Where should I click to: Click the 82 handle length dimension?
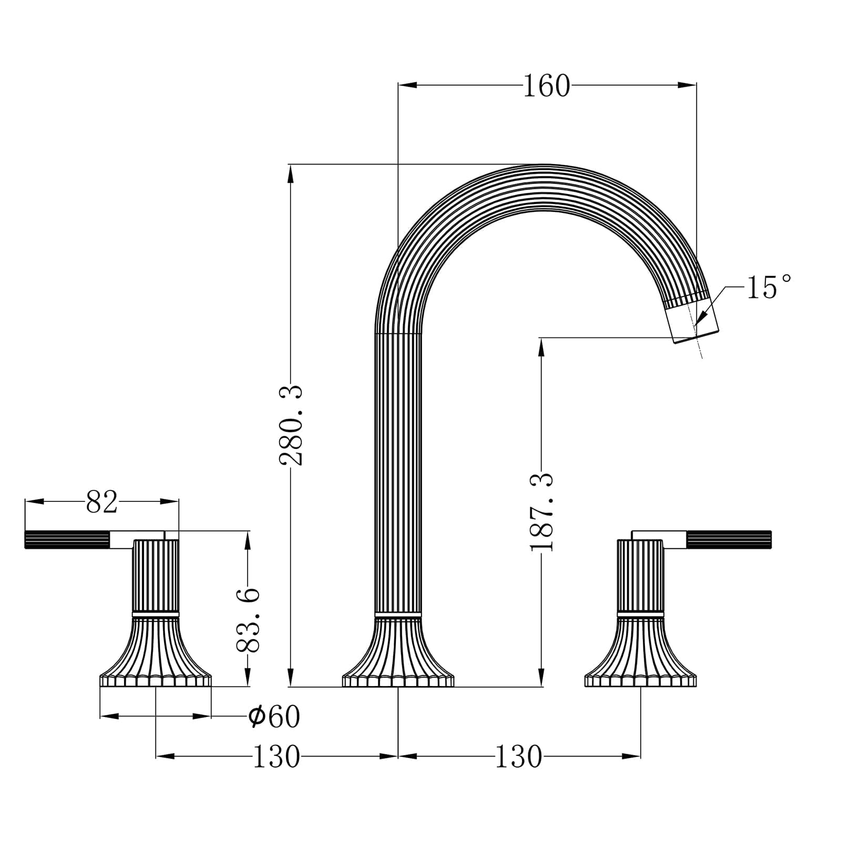(101, 502)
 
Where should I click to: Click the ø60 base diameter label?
(274, 716)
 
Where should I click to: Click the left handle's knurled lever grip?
(67, 540)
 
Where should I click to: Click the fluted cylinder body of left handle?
(156, 576)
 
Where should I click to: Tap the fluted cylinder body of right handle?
(640, 576)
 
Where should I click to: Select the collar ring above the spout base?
(398, 614)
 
